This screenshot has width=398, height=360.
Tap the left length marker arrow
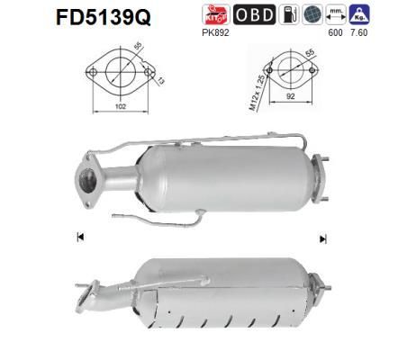pyautogui.click(x=79, y=237)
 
